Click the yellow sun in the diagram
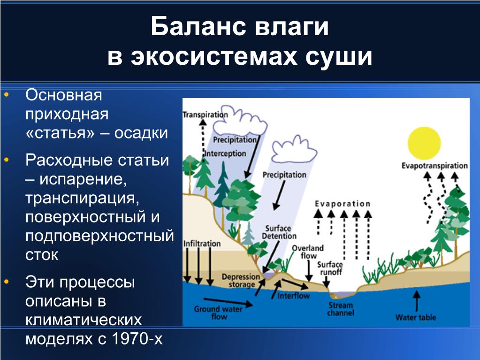pos(424,144)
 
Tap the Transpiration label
pos(206,115)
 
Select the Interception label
pos(225,153)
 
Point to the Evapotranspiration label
pos(434,166)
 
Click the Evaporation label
pos(343,204)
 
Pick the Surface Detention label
pos(279,232)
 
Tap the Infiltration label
pos(202,244)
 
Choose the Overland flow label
pos(308,252)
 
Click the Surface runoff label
pos(330,268)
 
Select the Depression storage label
pos(241,281)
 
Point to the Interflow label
pos(294,296)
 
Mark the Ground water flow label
pos(218,313)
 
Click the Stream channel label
pos(341,309)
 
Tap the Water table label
pos(416,317)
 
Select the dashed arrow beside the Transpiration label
pos(203,137)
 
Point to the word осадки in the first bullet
pos(141,133)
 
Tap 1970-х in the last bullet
pos(137,338)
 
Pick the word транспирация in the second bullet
pos(83,199)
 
